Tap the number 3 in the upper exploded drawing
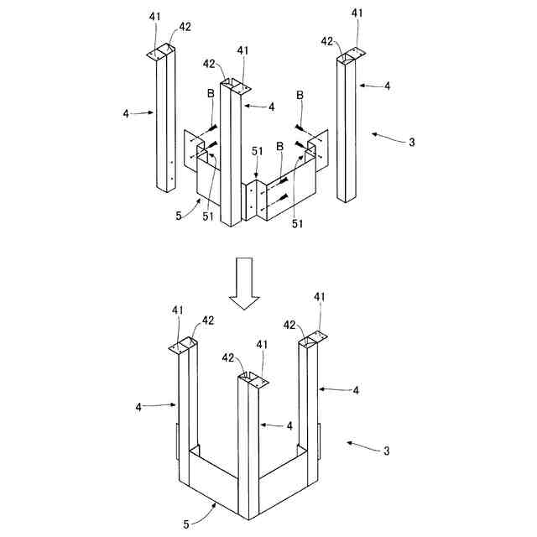[411, 142]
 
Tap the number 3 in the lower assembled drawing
[387, 451]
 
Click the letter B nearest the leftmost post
[211, 117]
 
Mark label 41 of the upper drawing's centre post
[243, 51]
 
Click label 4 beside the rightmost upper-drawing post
[386, 86]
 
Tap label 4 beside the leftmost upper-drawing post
[126, 112]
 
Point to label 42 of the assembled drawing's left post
[207, 320]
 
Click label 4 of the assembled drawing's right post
[356, 390]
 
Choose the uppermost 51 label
[257, 151]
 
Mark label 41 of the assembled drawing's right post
[320, 297]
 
